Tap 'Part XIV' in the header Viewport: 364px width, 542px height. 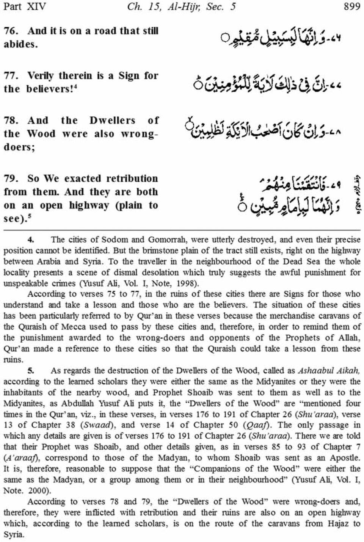(x=24, y=6)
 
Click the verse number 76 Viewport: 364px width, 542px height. (x=11, y=31)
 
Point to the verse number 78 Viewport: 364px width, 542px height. (x=11, y=121)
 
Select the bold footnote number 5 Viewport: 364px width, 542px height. (x=31, y=371)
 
